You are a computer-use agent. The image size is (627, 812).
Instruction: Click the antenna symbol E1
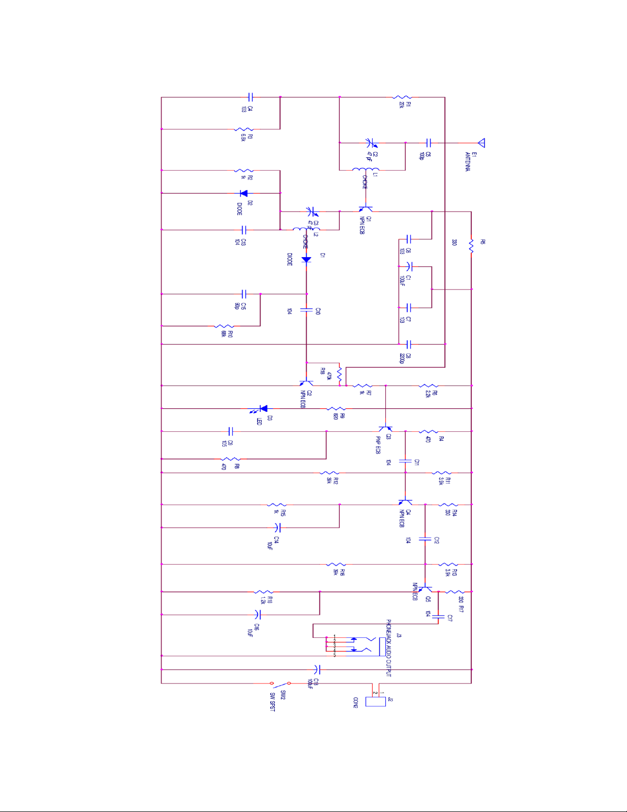(x=481, y=143)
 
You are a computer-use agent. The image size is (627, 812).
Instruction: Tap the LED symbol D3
(x=263, y=408)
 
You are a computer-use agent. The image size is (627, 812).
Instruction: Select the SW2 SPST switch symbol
(x=280, y=683)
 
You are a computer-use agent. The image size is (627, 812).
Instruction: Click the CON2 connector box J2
(x=375, y=701)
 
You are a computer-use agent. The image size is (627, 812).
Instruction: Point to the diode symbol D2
(x=244, y=193)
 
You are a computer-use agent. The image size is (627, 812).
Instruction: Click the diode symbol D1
(x=306, y=259)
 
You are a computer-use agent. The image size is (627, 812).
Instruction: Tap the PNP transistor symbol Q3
(x=385, y=429)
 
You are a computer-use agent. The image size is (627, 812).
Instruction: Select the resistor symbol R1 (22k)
(x=402, y=97)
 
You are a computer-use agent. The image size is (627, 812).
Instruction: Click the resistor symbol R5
(x=471, y=247)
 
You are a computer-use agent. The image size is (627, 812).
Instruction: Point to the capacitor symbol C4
(x=250, y=97)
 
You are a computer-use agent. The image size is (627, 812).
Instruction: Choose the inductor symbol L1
(x=365, y=170)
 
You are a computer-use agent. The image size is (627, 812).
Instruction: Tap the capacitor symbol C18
(x=317, y=669)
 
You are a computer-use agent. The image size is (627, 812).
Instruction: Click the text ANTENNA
(x=467, y=161)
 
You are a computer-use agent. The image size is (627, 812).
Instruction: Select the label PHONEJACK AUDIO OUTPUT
(x=388, y=648)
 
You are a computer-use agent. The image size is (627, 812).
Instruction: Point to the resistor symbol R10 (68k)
(x=224, y=326)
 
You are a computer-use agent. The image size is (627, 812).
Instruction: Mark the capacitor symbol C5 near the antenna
(x=428, y=143)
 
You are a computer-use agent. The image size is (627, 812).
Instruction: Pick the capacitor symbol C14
(x=277, y=527)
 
